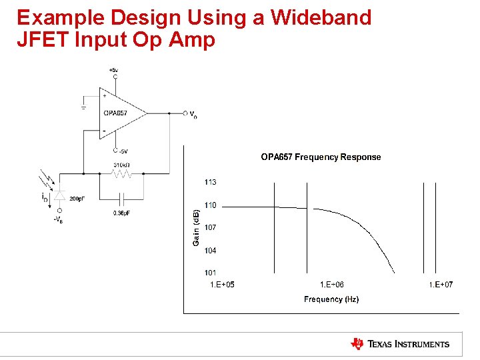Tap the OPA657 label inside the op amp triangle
[115, 113]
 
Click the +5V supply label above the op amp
[114, 70]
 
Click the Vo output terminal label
[193, 115]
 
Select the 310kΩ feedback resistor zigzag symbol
[122, 174]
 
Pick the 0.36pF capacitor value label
[122, 213]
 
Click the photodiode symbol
[60, 195]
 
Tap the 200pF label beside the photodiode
[77, 199]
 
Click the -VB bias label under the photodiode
[59, 221]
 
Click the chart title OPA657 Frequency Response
[321, 157]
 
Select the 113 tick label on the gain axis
[210, 182]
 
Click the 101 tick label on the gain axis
[210, 273]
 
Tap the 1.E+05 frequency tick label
[222, 285]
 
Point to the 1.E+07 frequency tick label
[440, 285]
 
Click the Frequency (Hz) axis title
[331, 299]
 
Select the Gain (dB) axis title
[196, 227]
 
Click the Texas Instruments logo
[400, 344]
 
